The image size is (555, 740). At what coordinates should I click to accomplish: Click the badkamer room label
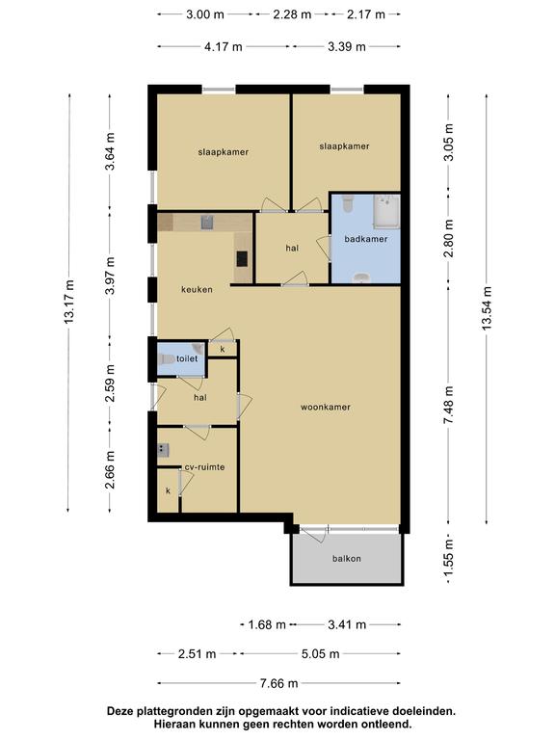(x=366, y=239)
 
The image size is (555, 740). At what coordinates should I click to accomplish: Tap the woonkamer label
(x=326, y=407)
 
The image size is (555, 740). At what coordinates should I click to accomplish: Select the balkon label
(x=347, y=558)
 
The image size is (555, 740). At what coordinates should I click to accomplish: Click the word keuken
(x=197, y=289)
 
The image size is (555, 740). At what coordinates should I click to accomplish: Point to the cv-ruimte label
(x=204, y=466)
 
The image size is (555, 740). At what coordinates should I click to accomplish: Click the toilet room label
(x=187, y=358)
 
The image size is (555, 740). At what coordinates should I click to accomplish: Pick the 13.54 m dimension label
(x=487, y=308)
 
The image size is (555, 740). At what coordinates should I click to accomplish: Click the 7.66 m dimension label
(x=278, y=683)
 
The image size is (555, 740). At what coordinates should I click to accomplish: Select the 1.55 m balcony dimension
(x=448, y=561)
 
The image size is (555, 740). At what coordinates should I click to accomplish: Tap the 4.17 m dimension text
(x=224, y=46)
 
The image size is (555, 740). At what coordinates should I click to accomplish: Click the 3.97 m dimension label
(x=110, y=277)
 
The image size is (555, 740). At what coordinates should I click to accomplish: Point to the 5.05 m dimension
(x=321, y=653)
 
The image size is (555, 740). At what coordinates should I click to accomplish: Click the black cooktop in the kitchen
(x=242, y=258)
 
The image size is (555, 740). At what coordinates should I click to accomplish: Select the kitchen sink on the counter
(x=207, y=222)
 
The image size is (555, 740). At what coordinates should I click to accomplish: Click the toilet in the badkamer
(x=348, y=203)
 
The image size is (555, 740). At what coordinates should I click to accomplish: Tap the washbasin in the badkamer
(x=361, y=277)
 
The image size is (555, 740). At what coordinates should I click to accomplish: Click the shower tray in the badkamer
(x=386, y=212)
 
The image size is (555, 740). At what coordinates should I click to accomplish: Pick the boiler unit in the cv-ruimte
(x=163, y=450)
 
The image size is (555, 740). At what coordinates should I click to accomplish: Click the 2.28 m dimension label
(x=292, y=14)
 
